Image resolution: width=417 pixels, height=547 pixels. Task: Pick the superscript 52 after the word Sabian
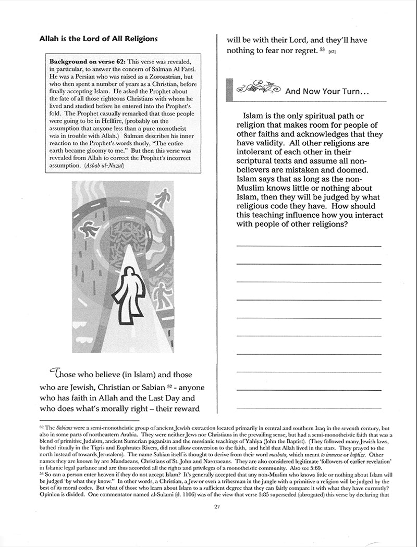tap(170, 385)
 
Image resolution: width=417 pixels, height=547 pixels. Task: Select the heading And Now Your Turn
tap(327, 92)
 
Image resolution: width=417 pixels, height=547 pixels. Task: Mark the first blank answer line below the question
tap(309, 246)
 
